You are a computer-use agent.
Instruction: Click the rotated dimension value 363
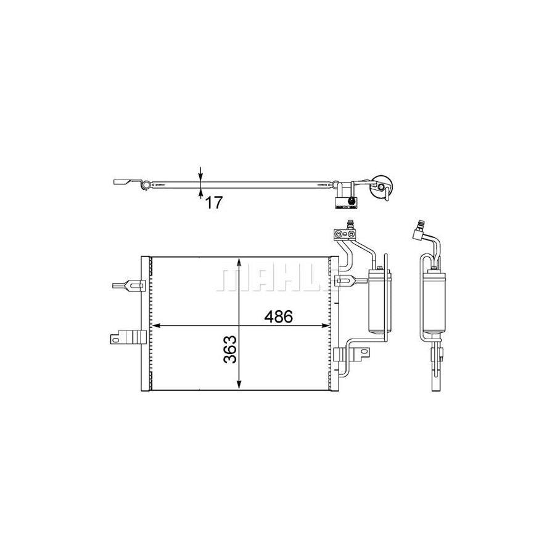pos(229,350)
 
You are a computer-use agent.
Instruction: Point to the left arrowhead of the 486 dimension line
pos(156,325)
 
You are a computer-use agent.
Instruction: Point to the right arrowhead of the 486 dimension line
pos(330,325)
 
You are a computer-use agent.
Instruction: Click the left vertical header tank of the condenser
pos(146,324)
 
